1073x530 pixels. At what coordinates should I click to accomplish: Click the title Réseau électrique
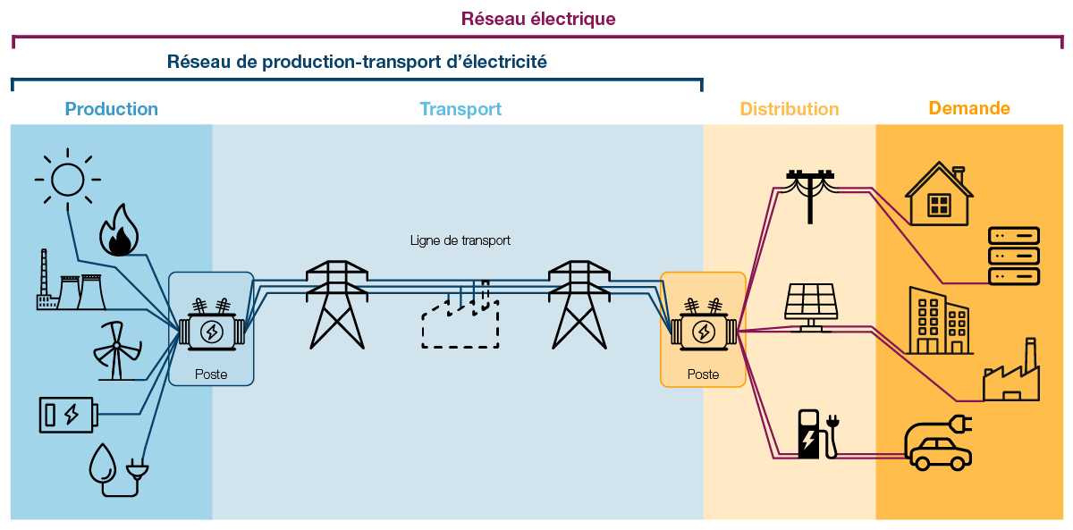tap(537, 19)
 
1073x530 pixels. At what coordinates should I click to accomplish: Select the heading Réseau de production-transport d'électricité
tap(356, 62)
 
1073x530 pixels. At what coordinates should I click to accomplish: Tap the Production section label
tap(111, 109)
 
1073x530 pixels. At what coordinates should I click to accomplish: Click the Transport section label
tap(460, 109)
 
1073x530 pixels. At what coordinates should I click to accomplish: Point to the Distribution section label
tap(789, 109)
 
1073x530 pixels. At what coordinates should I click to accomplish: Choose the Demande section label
tap(968, 108)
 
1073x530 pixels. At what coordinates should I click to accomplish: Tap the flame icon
tap(118, 231)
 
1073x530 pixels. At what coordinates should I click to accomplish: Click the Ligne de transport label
tap(460, 240)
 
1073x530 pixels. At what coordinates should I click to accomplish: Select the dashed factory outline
tap(460, 319)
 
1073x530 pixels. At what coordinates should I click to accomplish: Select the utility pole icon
tap(810, 196)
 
